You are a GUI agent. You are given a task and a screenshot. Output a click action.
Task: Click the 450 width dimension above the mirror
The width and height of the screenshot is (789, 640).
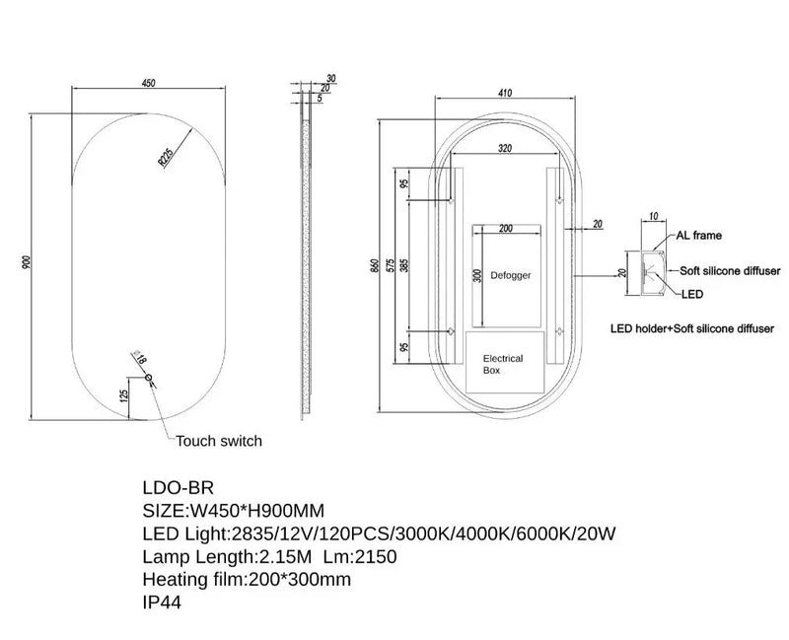tap(149, 83)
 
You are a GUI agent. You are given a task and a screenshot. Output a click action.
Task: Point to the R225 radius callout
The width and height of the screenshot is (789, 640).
tap(166, 157)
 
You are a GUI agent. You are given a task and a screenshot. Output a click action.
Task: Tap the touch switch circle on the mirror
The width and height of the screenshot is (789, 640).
tap(149, 378)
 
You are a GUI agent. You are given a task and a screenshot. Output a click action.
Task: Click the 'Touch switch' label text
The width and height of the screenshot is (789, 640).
tap(219, 441)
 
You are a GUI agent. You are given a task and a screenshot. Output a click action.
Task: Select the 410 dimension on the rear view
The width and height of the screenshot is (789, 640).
tap(505, 93)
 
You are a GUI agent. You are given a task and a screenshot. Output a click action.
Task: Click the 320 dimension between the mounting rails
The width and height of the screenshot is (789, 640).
tap(505, 148)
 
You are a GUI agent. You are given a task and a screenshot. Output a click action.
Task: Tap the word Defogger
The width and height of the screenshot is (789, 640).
tap(511, 275)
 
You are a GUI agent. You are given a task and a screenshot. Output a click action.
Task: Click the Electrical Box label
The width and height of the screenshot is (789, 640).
tap(503, 364)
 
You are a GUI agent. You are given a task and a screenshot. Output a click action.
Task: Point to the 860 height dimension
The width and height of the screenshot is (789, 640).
tap(375, 265)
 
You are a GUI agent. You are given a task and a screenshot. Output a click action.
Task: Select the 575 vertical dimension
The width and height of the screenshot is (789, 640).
tap(390, 265)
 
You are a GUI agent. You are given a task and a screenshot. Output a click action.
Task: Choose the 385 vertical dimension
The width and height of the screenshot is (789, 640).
tap(404, 265)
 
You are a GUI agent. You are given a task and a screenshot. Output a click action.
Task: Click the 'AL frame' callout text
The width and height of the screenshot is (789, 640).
tap(698, 236)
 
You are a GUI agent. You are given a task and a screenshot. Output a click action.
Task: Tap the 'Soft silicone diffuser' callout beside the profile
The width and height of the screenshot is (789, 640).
tap(730, 270)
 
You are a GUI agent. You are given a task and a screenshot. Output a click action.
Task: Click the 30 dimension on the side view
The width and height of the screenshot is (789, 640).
tap(331, 78)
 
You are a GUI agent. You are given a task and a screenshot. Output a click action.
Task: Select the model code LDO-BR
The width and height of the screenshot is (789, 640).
tap(179, 487)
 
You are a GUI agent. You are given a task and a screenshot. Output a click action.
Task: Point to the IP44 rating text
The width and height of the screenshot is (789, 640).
tap(162, 603)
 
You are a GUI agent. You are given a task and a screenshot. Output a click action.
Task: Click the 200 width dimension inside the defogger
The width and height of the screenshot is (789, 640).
tap(506, 229)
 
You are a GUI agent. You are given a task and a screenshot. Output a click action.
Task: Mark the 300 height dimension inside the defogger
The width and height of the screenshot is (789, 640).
tap(478, 275)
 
